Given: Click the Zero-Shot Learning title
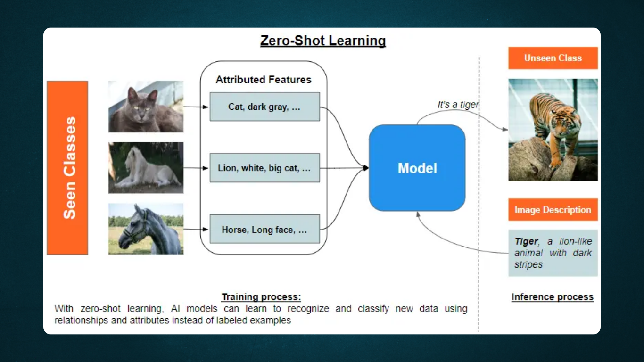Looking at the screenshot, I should (323, 41).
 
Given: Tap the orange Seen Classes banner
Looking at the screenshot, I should (67, 168).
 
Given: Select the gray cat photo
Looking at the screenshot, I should (146, 107).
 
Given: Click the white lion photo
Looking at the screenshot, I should (146, 167).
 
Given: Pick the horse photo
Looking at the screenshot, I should (146, 229).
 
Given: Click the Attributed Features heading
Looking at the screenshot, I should (264, 80).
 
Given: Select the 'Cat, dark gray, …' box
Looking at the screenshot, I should (264, 107).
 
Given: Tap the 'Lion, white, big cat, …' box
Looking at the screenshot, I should (264, 168).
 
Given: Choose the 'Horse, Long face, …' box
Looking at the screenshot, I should (264, 230).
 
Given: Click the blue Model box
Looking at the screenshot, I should (417, 168).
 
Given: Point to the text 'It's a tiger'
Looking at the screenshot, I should (458, 105).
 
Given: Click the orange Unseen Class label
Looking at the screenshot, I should (553, 58).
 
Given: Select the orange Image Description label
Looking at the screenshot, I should (553, 210).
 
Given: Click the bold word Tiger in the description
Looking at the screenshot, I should (526, 241).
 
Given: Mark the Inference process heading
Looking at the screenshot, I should (552, 297).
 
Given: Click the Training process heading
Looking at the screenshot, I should (261, 297).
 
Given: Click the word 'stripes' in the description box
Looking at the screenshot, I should (528, 265).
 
